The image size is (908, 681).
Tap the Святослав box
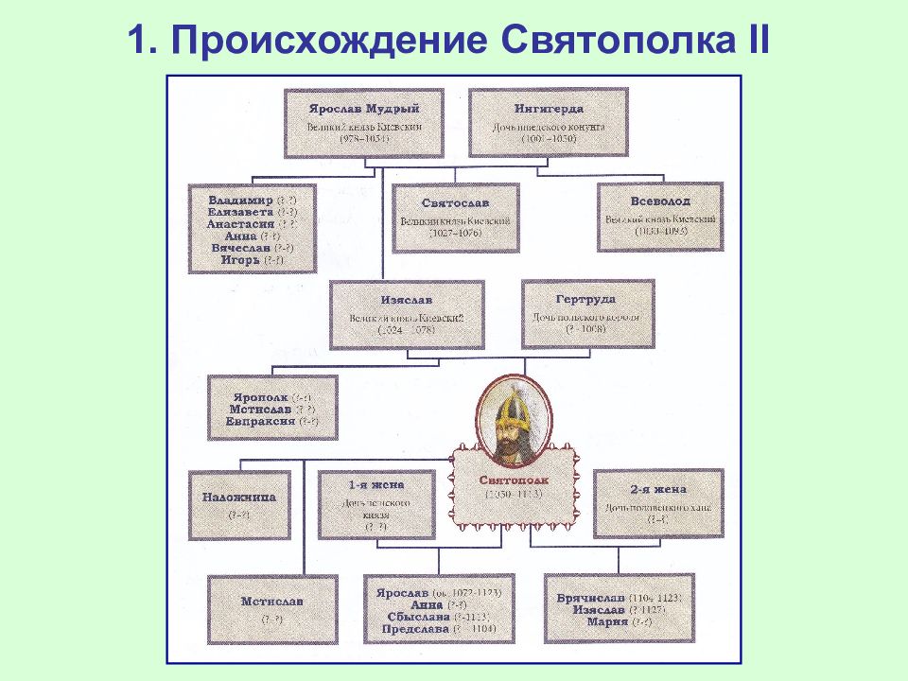(x=456, y=218)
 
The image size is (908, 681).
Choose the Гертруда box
(x=586, y=314)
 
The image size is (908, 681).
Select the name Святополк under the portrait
(x=513, y=480)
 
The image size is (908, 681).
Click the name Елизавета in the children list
(x=238, y=213)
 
